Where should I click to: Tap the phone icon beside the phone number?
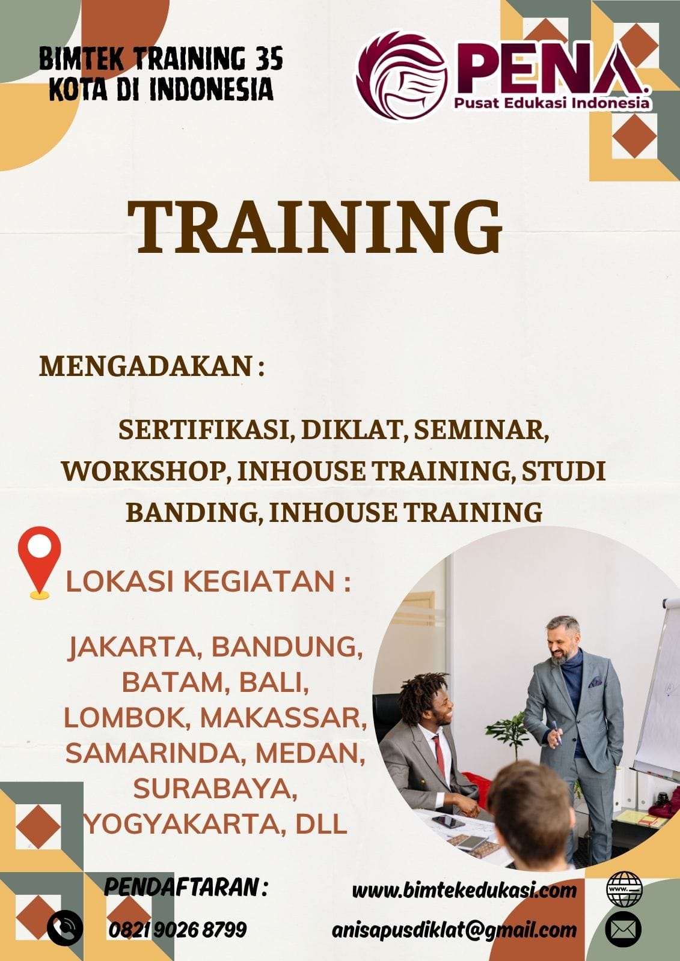[x=65, y=929]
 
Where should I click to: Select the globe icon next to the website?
[x=623, y=888]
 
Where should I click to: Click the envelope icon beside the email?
[x=623, y=929]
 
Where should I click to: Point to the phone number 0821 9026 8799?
[x=178, y=930]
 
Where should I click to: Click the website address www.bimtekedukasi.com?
[x=464, y=890]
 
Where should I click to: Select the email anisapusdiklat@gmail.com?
[x=455, y=930]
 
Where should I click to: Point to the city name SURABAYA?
[x=215, y=789]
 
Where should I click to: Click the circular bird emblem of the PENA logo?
[x=402, y=76]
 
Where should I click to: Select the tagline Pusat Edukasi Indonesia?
[x=552, y=103]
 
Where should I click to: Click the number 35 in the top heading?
[x=270, y=59]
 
